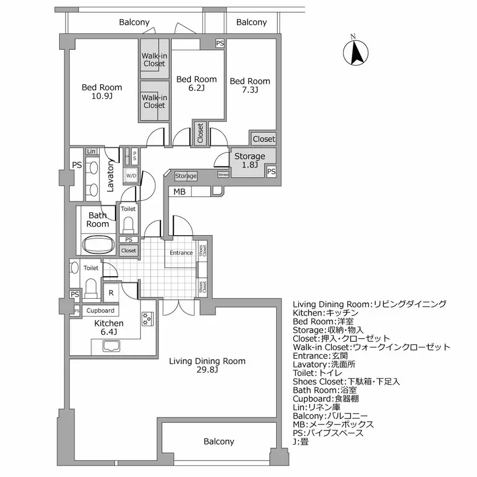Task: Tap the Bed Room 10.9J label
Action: coord(102,92)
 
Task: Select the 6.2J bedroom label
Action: coord(196,83)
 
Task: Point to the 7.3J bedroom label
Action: coord(249,85)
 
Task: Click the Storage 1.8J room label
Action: coord(249,161)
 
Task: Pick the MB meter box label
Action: coord(179,191)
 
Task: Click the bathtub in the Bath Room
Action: coord(98,244)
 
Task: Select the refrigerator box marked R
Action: coord(111,293)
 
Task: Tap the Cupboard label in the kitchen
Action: coord(101,311)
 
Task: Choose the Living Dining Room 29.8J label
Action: coord(207,365)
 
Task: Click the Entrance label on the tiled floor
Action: coord(181,253)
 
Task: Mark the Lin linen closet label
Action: coord(90,152)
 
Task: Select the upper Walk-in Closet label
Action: coord(154,60)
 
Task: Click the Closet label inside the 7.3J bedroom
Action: coord(264,139)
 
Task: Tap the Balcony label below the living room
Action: coord(219,441)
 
